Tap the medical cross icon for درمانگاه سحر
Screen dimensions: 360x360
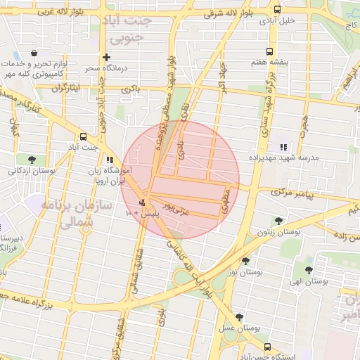(x=106, y=57)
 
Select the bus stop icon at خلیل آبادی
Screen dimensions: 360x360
(x=277, y=10)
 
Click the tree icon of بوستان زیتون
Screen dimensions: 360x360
(x=279, y=220)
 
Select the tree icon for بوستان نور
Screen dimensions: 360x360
(x=245, y=261)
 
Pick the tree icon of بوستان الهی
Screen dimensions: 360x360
(x=309, y=269)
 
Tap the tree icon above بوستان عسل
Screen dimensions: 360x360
(x=240, y=317)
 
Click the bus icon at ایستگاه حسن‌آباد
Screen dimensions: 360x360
(x=268, y=347)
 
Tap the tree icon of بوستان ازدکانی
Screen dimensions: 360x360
(x=32, y=159)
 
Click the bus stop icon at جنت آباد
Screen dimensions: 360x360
(x=84, y=136)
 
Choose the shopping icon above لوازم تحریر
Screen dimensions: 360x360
(x=34, y=53)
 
